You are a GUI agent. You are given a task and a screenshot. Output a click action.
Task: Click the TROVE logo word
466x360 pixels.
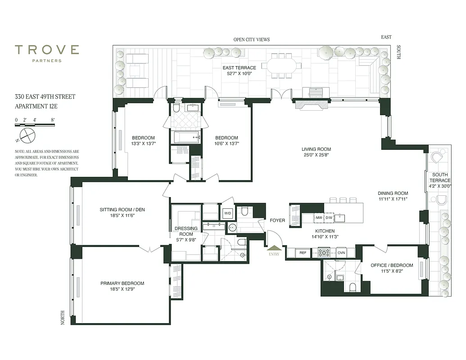point(47,50)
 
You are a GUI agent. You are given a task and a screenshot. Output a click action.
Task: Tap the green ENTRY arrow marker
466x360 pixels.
point(273,247)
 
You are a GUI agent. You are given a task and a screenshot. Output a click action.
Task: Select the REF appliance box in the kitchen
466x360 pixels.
point(303,253)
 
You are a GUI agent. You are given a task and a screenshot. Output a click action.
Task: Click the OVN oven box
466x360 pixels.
point(341,253)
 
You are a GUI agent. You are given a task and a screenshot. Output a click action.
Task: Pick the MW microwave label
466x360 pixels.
point(319,218)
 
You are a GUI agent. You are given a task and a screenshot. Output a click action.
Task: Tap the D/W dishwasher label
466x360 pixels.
point(329,218)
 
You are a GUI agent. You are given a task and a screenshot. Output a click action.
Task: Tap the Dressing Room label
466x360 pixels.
point(186,231)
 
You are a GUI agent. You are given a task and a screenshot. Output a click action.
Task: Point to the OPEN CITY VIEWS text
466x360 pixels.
point(251,40)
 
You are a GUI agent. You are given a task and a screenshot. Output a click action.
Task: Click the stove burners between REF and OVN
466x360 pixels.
point(324,253)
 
